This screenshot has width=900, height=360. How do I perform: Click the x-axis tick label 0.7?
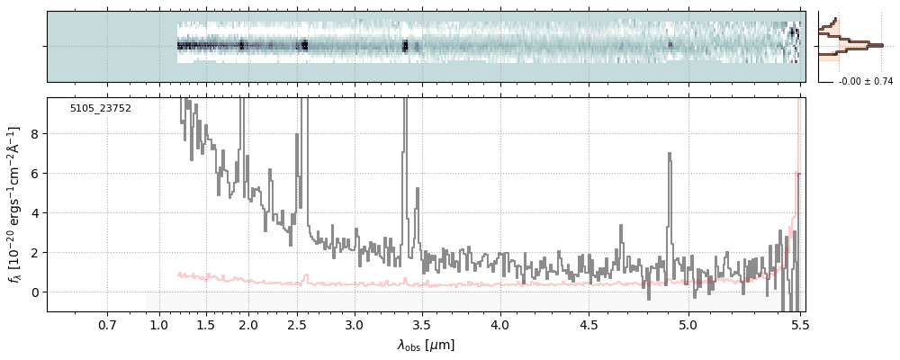click(107, 324)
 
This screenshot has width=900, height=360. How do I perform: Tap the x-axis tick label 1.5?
click(205, 324)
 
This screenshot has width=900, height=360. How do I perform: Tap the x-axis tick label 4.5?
click(588, 324)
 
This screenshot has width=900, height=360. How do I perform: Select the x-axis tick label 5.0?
click(688, 324)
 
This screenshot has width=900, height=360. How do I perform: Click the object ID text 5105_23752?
click(101, 108)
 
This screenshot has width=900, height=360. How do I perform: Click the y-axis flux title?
click(14, 204)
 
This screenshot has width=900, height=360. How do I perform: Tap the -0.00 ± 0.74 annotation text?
click(865, 82)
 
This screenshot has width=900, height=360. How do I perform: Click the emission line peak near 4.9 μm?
click(669, 154)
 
